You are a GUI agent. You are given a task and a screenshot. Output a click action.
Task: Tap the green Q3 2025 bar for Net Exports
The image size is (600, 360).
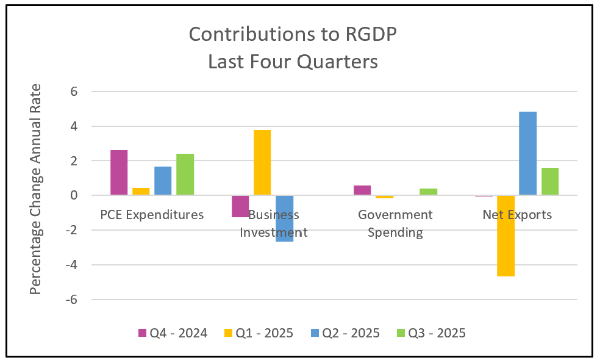click(x=549, y=182)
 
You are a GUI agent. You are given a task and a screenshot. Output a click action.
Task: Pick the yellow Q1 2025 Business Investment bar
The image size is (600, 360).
click(x=262, y=163)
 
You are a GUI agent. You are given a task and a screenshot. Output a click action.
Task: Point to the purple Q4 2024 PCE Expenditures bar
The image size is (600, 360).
click(x=119, y=173)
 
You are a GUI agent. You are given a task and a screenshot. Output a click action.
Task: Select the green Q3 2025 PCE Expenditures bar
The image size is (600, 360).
click(x=185, y=175)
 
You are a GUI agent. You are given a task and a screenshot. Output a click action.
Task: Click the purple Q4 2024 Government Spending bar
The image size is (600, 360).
click(x=362, y=190)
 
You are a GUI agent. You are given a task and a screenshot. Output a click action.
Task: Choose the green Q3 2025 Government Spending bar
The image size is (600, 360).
click(x=428, y=192)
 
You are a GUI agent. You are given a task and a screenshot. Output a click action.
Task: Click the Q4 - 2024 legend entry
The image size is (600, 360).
click(x=173, y=333)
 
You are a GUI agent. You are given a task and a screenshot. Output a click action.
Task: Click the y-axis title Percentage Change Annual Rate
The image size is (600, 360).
click(x=36, y=189)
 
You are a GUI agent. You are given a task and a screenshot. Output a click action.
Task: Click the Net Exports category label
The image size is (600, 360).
click(x=517, y=215)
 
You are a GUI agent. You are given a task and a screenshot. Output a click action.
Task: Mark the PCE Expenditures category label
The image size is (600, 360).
click(x=152, y=215)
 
